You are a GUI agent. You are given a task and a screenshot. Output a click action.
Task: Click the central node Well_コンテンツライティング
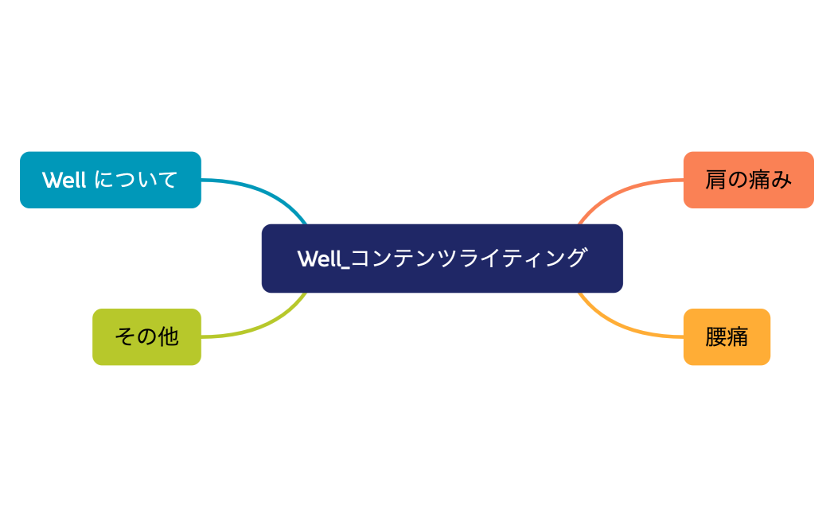[442, 258]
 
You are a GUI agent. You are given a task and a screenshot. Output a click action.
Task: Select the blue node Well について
[110, 180]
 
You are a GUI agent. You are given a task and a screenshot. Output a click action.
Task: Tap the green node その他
[146, 336]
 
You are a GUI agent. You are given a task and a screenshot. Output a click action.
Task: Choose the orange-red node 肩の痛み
[748, 180]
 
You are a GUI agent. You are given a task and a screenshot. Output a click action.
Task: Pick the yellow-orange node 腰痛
[727, 336]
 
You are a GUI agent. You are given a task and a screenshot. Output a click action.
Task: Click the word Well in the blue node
[64, 180]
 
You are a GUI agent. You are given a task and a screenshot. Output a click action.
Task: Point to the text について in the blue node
[135, 180]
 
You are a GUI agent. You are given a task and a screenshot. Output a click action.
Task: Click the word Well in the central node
[320, 258]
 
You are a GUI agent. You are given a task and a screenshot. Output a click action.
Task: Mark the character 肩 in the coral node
[715, 180]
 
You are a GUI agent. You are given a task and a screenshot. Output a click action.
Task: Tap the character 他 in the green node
[168, 336]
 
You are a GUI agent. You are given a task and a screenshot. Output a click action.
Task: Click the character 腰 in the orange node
[715, 336]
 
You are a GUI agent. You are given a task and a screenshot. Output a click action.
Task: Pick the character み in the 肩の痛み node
[781, 180]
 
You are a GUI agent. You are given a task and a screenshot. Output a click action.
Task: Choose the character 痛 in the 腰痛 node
[738, 336]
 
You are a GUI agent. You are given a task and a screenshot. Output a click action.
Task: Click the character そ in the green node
[125, 336]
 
